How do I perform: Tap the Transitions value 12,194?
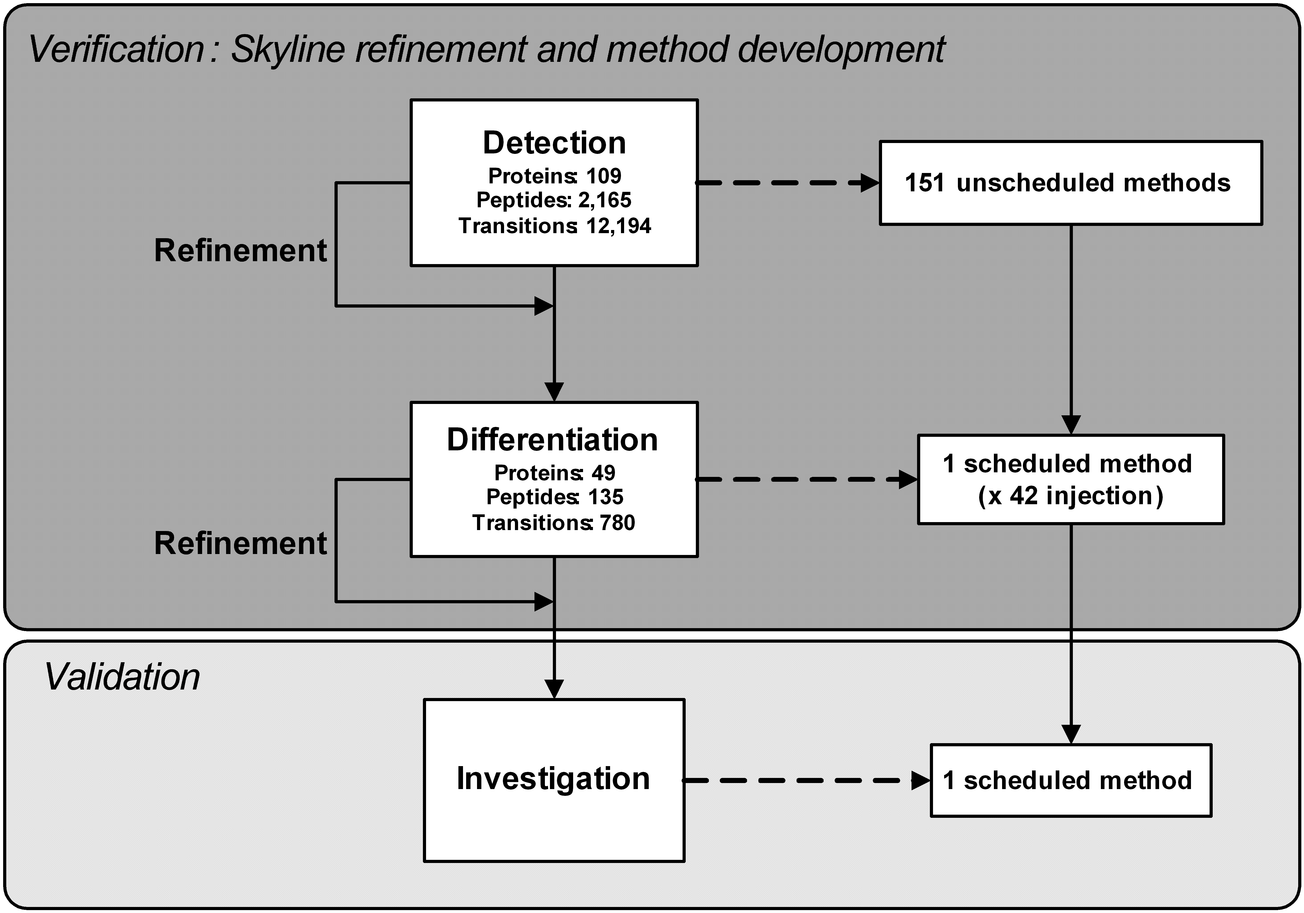(619, 226)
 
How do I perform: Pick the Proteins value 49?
(603, 473)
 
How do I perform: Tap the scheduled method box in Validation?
(1071, 781)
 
